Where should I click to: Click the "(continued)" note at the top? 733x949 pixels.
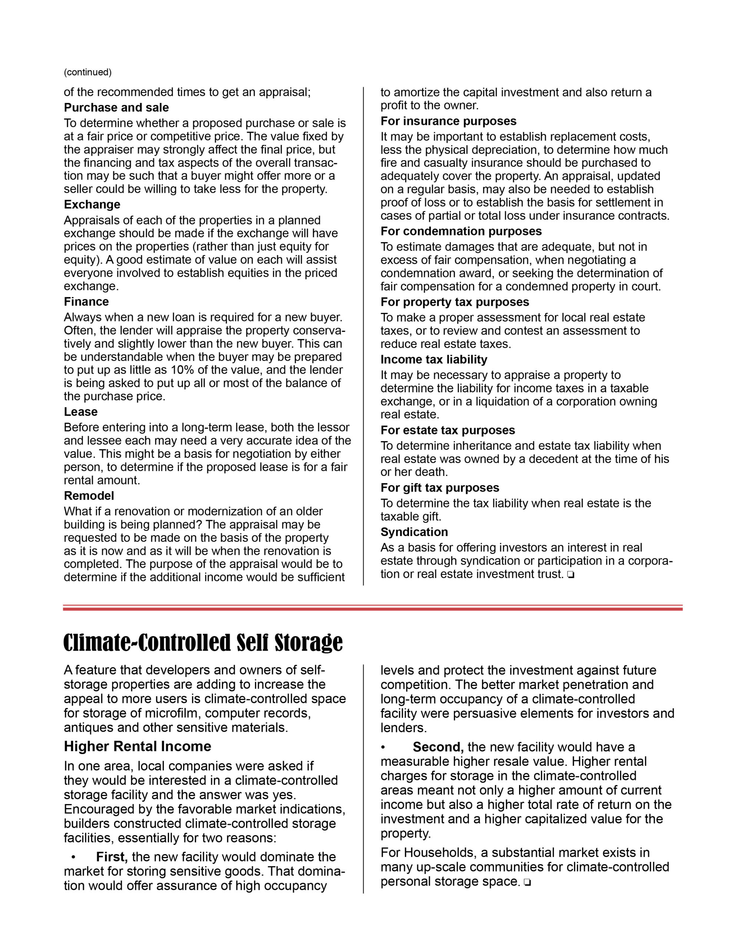87,72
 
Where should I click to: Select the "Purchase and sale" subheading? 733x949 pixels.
116,108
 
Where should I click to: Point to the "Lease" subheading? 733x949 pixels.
80,411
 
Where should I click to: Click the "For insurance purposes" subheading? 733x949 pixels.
448,121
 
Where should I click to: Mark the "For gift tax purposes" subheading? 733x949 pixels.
440,487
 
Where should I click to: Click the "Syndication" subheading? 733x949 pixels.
414,532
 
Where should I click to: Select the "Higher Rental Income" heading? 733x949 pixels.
137,746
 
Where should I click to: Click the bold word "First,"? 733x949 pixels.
112,857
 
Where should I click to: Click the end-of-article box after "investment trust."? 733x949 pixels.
570,575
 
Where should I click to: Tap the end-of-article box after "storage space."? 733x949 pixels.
527,883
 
